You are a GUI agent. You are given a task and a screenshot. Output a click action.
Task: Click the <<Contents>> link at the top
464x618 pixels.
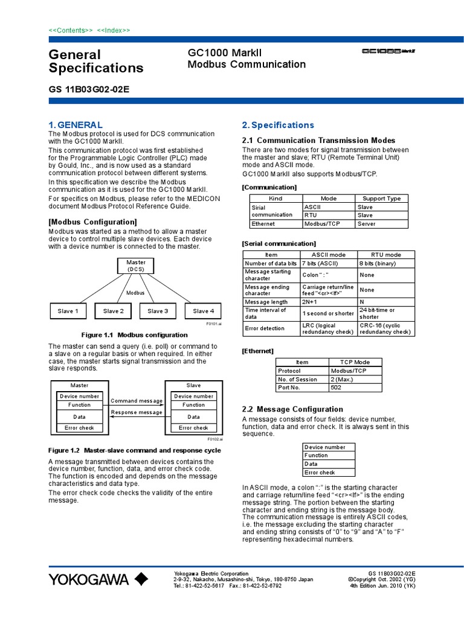pos(71,30)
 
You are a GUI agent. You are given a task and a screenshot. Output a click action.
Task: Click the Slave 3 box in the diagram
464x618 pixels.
pos(158,311)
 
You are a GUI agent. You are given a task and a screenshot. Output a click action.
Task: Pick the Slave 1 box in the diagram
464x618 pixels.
pos(68,311)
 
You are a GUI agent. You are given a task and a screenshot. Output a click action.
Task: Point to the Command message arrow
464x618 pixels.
pos(137,405)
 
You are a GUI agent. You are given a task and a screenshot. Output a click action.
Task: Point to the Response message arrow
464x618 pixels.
pos(137,416)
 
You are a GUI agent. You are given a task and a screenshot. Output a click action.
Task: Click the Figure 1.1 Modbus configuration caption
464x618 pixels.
pos(134,335)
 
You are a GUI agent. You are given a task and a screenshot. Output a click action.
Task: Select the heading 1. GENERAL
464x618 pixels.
pos(76,125)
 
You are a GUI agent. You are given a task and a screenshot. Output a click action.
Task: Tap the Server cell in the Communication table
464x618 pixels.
pos(382,224)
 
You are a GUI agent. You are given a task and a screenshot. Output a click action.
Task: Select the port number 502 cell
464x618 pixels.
pos(355,387)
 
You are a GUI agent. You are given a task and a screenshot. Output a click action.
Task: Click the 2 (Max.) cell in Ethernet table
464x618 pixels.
pos(355,379)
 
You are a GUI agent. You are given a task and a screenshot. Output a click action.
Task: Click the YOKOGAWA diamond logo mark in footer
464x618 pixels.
pos(141,579)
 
